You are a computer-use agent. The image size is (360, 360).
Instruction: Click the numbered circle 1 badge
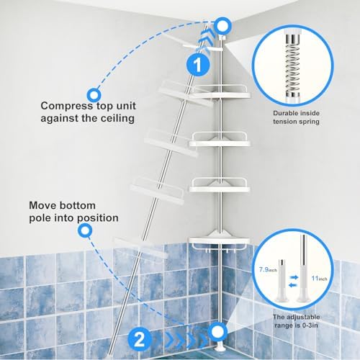point(198,64)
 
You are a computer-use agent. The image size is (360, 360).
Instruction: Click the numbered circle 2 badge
point(140,339)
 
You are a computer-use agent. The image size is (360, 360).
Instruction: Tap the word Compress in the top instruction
point(66,106)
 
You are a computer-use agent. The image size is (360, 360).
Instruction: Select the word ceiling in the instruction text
point(117,118)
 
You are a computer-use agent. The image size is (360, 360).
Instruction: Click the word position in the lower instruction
point(98,218)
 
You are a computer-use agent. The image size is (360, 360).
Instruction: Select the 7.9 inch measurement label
point(268,269)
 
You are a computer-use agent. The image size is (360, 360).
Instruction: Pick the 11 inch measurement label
point(319,279)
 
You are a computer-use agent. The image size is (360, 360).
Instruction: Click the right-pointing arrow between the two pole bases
point(294,277)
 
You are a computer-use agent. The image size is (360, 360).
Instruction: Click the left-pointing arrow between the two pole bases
point(293,285)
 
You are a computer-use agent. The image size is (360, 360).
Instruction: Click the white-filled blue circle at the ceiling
point(222,25)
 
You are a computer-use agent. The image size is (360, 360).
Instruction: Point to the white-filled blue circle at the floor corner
point(217,331)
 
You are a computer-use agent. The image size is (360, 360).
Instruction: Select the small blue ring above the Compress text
point(94,95)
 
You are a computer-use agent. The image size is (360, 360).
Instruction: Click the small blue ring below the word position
point(85,230)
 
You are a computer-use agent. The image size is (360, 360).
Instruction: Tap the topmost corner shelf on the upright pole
point(220,92)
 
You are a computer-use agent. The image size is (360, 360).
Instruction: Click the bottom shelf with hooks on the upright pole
point(220,243)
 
